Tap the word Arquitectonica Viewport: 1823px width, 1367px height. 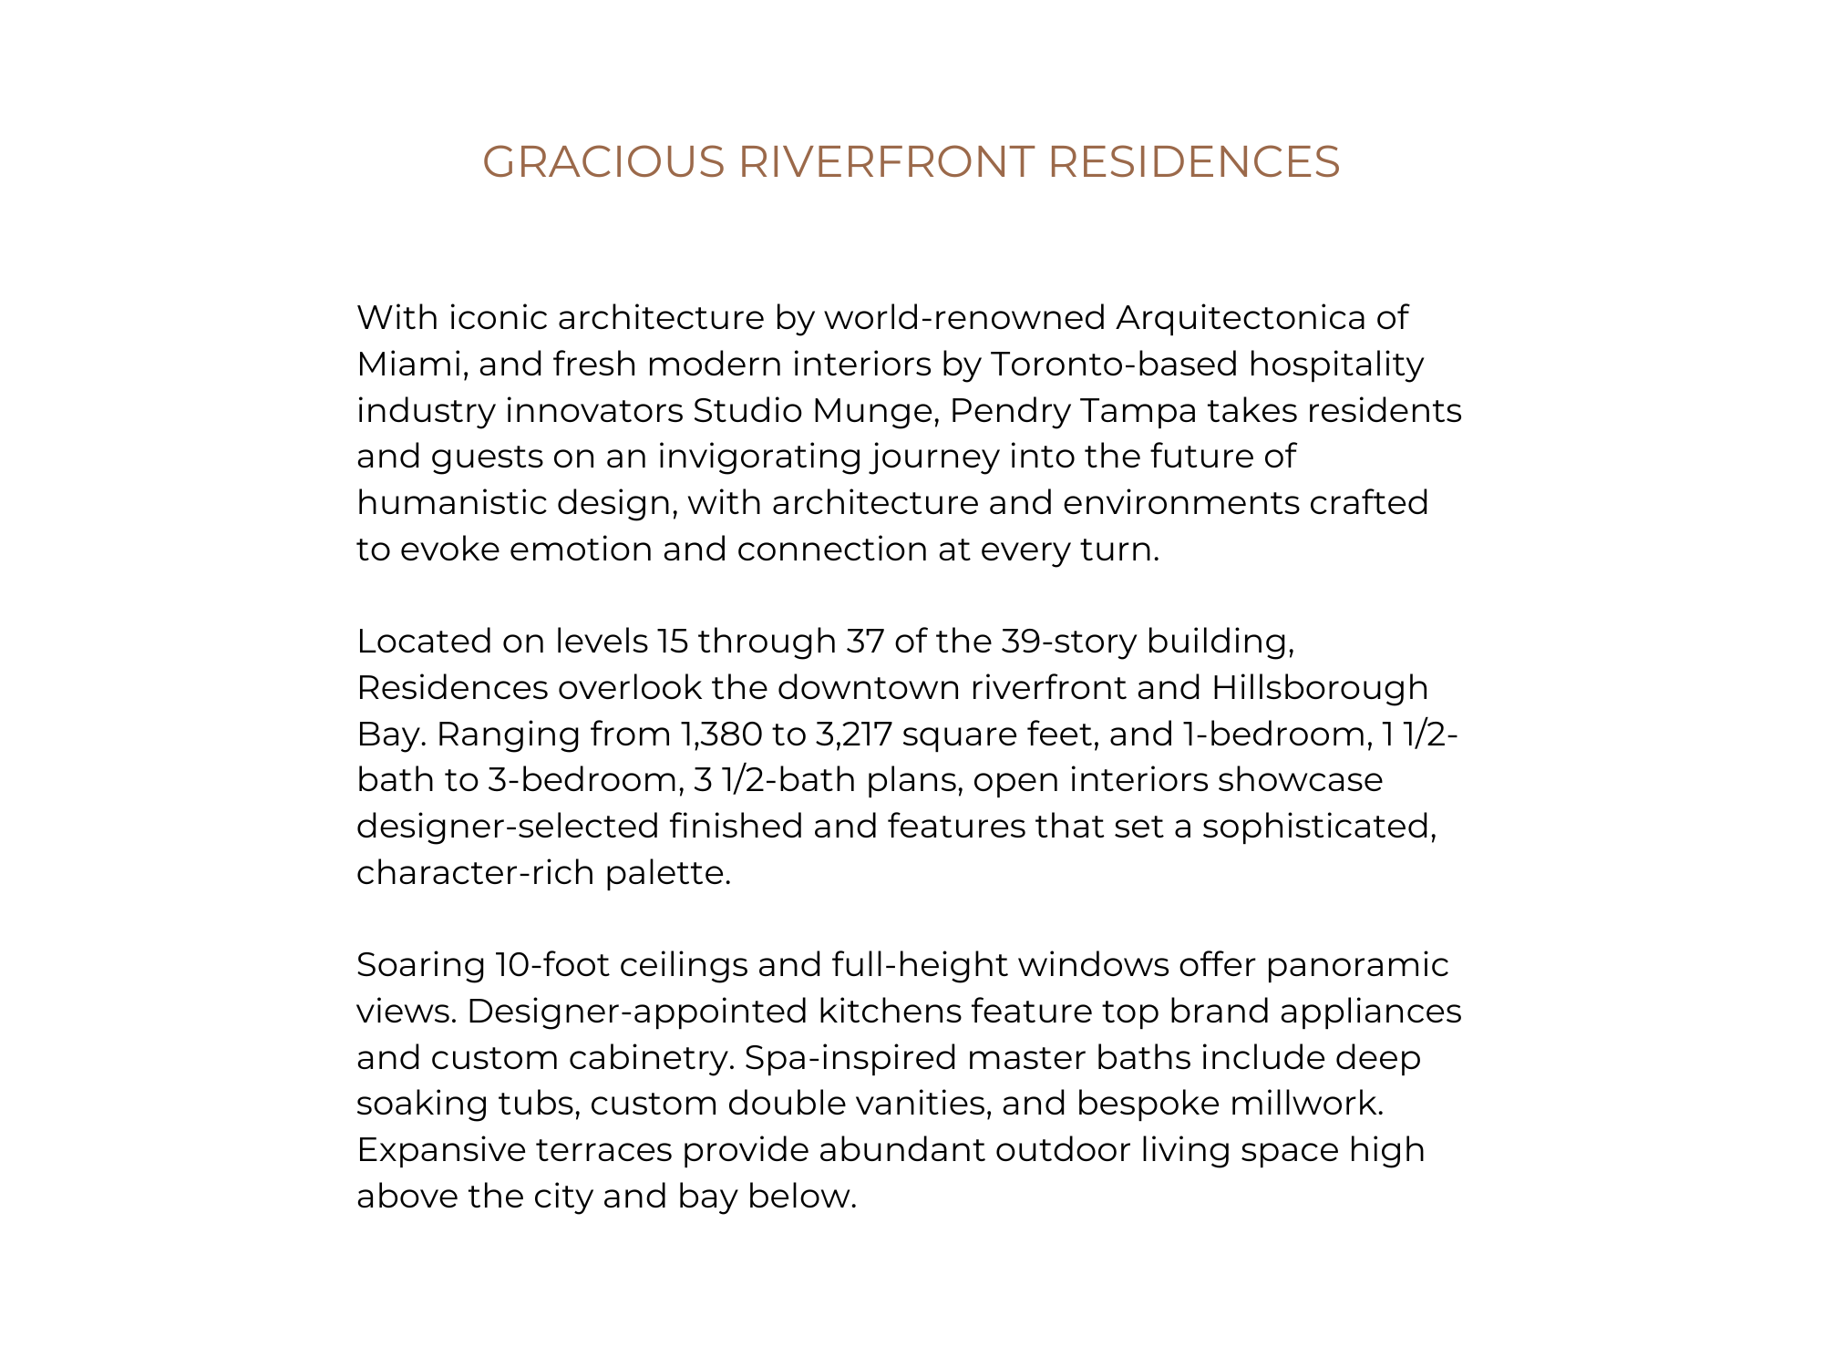pos(1241,318)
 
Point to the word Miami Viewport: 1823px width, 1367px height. pos(411,365)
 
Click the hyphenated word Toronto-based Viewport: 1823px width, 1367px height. pos(1114,365)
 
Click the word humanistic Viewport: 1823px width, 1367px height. pos(452,503)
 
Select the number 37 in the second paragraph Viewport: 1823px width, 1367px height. pos(864,642)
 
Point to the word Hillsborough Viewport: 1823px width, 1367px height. pos(1320,688)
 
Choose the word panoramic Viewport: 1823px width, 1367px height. pos(1357,965)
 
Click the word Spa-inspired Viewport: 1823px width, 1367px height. pos(850,1058)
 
